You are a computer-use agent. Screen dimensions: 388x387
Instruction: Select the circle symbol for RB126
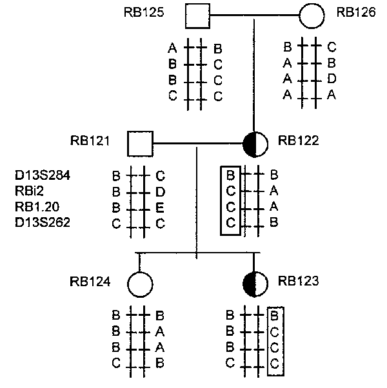point(312,15)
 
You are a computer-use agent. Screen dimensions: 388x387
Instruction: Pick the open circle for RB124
point(140,283)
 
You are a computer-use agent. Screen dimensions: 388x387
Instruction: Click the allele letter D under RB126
point(331,79)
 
